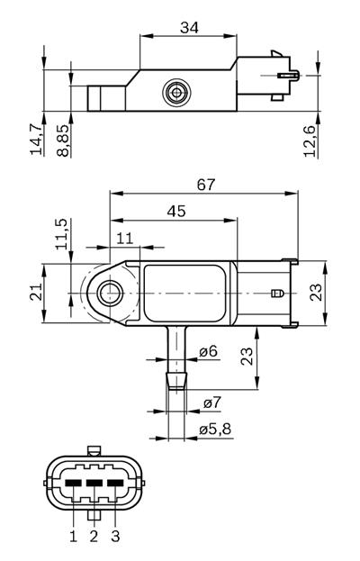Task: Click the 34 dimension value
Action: pos(188,28)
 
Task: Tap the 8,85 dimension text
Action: pos(63,140)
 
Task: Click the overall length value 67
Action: pos(206,185)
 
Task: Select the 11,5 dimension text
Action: pos(62,233)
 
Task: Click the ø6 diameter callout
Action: pos(209,351)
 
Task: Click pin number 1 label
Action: pos(73,536)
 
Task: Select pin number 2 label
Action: pos(93,536)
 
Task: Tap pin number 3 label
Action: pos(114,536)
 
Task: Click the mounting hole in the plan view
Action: pos(110,292)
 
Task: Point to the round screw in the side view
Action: pos(176,92)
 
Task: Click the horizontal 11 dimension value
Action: pos(124,238)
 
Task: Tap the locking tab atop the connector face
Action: pos(94,451)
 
